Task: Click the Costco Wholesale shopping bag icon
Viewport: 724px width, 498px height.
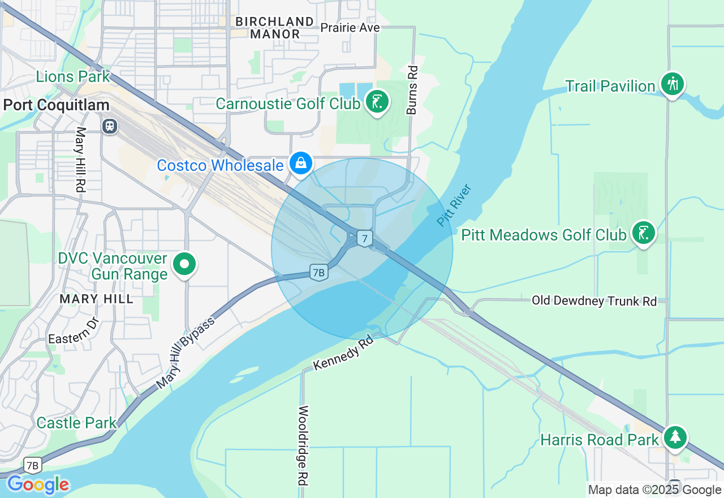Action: click(x=301, y=163)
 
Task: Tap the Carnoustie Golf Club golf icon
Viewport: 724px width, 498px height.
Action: click(x=377, y=102)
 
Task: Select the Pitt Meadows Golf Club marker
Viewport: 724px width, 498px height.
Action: click(x=643, y=233)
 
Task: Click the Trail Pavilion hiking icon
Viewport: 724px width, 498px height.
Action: click(x=672, y=84)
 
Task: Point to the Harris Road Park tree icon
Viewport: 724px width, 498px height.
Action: click(x=675, y=437)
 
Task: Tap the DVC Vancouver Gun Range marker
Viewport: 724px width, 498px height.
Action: click(x=184, y=264)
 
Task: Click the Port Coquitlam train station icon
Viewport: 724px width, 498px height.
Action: click(x=110, y=126)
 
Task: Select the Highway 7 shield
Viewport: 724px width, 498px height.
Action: click(x=365, y=239)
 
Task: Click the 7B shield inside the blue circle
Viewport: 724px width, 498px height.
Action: click(x=319, y=273)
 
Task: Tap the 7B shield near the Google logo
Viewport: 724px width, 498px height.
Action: click(x=33, y=466)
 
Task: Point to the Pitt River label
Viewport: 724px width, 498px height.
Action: click(x=454, y=205)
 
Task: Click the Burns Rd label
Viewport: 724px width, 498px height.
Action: click(x=412, y=90)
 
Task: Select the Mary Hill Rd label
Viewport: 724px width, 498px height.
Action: click(x=80, y=160)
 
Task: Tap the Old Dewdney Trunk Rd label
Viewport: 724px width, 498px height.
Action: click(x=594, y=301)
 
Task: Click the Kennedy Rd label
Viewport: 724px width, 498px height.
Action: click(x=343, y=353)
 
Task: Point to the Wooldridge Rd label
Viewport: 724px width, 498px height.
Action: click(x=304, y=445)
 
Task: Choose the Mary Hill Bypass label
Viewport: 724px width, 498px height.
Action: click(x=186, y=353)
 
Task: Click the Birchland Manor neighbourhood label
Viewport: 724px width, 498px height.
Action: click(x=275, y=28)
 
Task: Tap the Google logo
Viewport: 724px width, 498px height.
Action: click(x=38, y=484)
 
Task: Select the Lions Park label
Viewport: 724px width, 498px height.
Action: click(x=73, y=76)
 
